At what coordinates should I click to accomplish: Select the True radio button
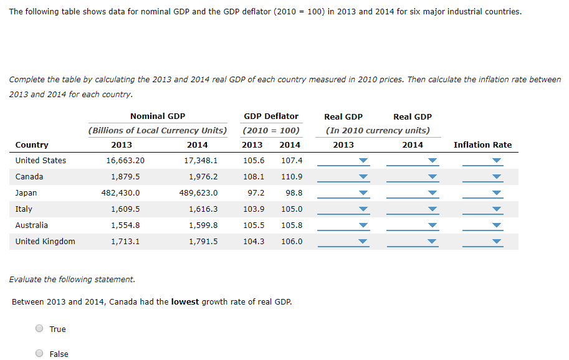39,329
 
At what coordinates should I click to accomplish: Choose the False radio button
39,354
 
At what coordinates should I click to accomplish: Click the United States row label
41,161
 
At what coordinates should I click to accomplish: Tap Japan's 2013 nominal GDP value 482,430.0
121,193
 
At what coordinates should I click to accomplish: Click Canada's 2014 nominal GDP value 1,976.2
203,177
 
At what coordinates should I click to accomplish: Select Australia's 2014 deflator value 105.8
292,225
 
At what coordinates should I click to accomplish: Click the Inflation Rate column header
482,145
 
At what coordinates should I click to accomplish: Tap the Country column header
32,145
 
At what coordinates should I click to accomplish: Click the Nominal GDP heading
158,116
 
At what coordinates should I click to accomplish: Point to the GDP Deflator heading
271,116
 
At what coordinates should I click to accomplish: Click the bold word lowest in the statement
185,302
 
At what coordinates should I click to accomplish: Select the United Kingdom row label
45,242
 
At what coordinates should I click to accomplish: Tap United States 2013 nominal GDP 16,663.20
125,161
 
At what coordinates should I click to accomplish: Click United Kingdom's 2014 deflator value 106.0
292,242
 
